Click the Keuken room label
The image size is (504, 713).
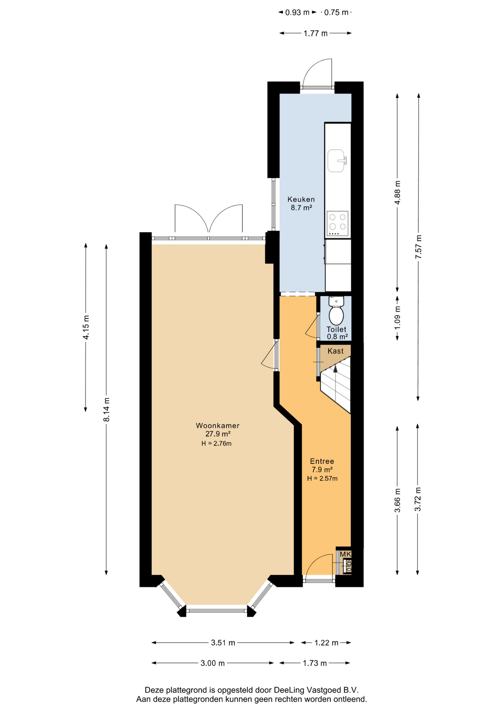(301, 199)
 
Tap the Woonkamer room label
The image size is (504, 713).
(217, 426)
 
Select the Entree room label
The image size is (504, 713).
(322, 461)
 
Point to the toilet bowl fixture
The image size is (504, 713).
(336, 310)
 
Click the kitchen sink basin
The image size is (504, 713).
(336, 161)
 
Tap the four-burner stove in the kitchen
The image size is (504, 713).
(338, 224)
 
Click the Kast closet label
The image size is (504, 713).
(336, 351)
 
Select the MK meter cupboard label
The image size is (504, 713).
(346, 554)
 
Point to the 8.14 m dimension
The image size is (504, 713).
(107, 409)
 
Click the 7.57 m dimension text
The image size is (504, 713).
(418, 247)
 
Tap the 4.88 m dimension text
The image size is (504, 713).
(397, 192)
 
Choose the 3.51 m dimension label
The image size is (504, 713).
(223, 643)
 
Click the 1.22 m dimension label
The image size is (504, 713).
(326, 643)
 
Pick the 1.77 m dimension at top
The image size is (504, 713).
(315, 33)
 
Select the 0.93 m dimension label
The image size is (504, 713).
(297, 13)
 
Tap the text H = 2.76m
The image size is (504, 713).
(216, 443)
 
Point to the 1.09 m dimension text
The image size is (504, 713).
(397, 317)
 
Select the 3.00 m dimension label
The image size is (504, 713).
(213, 663)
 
